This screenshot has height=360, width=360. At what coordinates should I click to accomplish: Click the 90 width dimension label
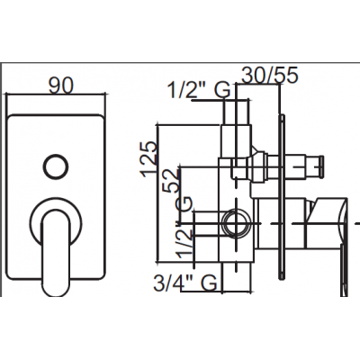coord(61,86)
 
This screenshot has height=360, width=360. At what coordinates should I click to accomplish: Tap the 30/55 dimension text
coord(270,75)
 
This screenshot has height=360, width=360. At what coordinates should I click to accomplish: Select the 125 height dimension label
coord(150,158)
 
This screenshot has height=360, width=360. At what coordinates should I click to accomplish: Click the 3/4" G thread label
coord(185,283)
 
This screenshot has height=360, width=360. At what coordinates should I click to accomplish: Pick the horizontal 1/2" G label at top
coord(199,90)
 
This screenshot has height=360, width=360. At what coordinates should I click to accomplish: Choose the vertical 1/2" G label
coord(184,227)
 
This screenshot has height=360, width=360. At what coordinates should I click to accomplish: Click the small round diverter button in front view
coord(56,166)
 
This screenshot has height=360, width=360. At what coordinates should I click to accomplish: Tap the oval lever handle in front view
coord(56,253)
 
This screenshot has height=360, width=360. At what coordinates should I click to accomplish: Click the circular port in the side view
coord(238,223)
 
